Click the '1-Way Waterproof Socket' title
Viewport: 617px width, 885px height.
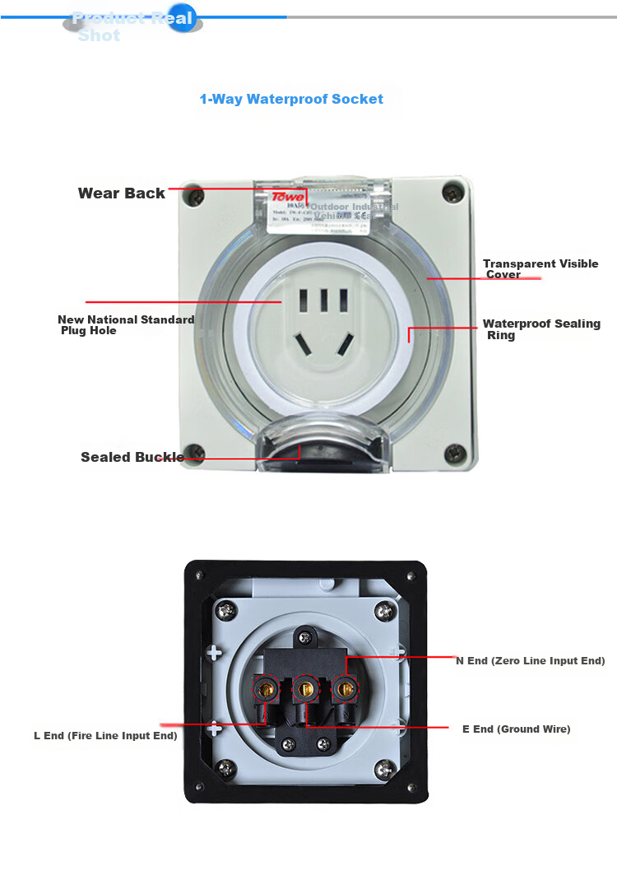(291, 100)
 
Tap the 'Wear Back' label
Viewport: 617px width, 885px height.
(121, 193)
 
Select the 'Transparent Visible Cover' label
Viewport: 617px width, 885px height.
(540, 269)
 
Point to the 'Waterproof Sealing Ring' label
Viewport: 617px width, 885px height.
(541, 329)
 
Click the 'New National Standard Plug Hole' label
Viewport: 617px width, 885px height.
(126, 325)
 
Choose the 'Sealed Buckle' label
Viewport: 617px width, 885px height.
(132, 457)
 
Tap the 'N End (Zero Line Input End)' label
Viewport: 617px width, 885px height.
(531, 661)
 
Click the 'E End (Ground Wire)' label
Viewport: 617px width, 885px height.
(516, 729)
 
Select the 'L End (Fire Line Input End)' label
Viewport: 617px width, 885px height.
(105, 736)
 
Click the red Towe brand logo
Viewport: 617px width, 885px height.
(288, 198)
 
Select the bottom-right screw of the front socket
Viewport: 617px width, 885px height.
(454, 451)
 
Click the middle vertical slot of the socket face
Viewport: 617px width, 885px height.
(323, 299)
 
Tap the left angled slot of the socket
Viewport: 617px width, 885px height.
(304, 342)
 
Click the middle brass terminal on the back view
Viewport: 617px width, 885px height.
(305, 686)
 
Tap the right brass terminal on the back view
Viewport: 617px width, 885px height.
(345, 687)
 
